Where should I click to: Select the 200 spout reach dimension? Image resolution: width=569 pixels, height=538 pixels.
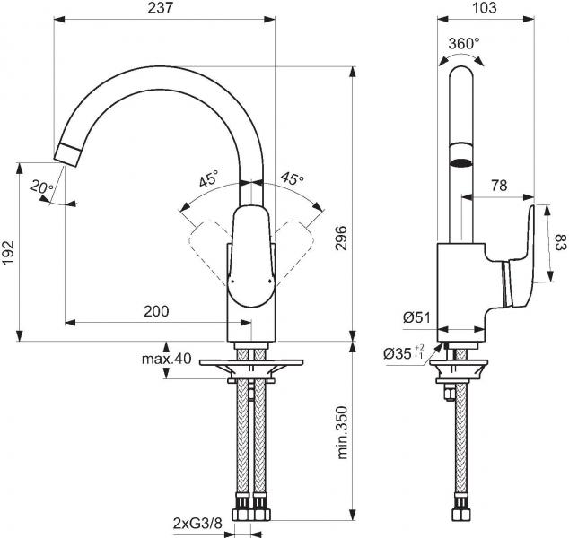pyautogui.click(x=156, y=311)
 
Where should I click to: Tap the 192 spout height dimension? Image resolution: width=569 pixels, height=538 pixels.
pyautogui.click(x=8, y=252)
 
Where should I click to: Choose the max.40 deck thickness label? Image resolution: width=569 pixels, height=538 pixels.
pyautogui.click(x=166, y=360)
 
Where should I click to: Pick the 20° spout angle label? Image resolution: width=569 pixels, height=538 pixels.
pyautogui.click(x=39, y=188)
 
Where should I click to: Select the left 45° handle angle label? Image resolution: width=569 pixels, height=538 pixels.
pyautogui.click(x=208, y=179)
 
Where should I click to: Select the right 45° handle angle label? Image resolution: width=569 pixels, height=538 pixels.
pyautogui.click(x=292, y=179)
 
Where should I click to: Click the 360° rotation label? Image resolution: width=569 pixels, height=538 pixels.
pyautogui.click(x=463, y=43)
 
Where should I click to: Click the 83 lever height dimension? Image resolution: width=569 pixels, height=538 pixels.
pyautogui.click(x=558, y=242)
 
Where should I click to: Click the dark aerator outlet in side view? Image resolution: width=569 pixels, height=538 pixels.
pyautogui.click(x=460, y=163)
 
